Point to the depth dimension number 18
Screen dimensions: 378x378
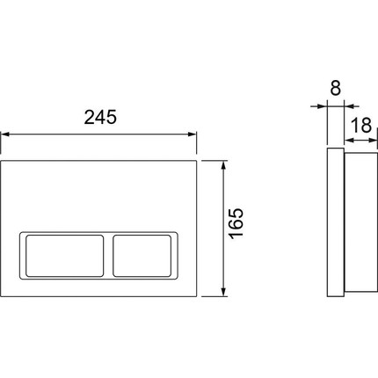[360, 125]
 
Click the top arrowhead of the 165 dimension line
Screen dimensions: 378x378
[228, 165]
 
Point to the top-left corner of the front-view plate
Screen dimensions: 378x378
[3, 162]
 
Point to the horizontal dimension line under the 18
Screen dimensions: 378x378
[355, 139]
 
